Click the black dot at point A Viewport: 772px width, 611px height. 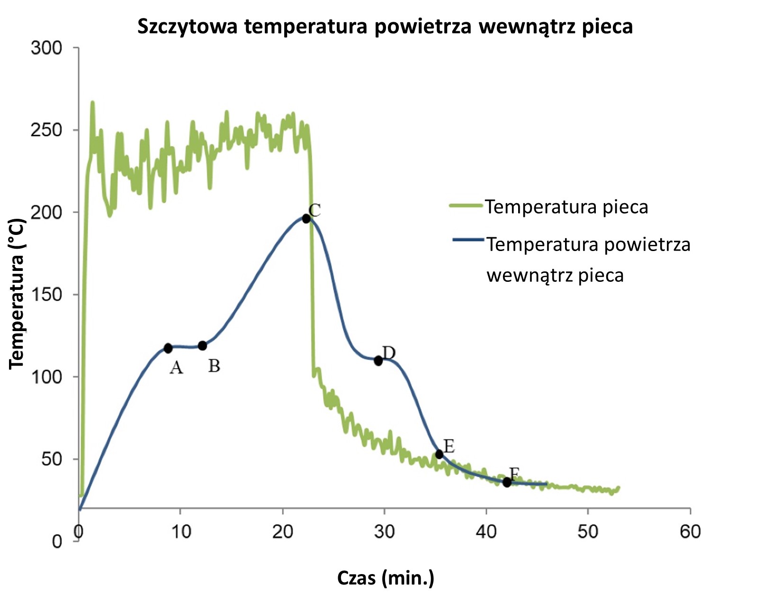[x=168, y=348]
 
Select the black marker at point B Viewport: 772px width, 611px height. [x=202, y=346]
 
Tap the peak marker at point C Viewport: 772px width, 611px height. [x=306, y=218]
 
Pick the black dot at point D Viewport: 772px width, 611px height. [x=378, y=361]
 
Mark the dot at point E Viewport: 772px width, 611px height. [x=439, y=454]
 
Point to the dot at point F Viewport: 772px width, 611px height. [x=507, y=482]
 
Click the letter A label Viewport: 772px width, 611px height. [x=176, y=368]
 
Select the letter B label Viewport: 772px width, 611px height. [x=214, y=366]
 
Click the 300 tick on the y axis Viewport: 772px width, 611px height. [x=46, y=48]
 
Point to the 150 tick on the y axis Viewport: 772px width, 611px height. [x=46, y=295]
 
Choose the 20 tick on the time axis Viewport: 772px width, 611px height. [x=282, y=532]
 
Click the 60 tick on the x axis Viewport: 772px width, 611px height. [x=690, y=532]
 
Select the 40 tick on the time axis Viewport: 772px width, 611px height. [x=486, y=532]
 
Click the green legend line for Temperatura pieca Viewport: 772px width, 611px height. [x=466, y=206]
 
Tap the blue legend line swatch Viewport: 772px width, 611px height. [x=468, y=240]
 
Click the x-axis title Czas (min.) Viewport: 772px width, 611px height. [x=386, y=578]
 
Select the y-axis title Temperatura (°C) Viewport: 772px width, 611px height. [x=17, y=294]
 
